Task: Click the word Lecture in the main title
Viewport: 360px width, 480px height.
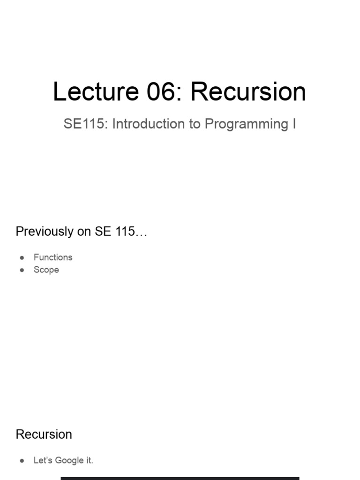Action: (96, 92)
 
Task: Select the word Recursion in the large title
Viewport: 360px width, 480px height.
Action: (248, 92)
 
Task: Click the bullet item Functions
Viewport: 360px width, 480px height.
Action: (53, 257)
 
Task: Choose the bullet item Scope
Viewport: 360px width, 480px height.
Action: (46, 270)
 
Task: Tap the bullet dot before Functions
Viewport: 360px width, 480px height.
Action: (22, 258)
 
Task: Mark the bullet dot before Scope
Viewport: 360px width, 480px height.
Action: (22, 270)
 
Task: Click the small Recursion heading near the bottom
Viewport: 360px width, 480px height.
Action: (44, 435)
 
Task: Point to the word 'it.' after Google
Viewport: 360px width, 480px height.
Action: (89, 460)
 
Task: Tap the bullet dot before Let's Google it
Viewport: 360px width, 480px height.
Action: (22, 461)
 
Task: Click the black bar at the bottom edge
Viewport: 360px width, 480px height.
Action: (180, 478)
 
